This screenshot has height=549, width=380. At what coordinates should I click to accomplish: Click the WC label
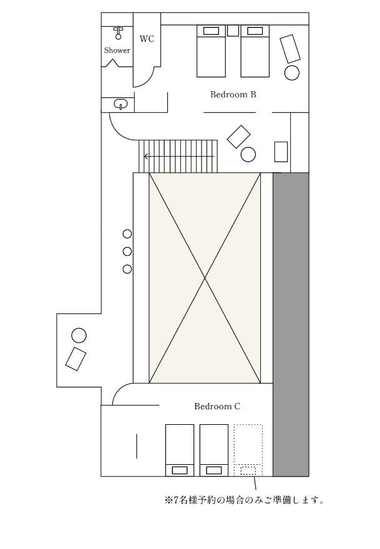pyautogui.click(x=147, y=39)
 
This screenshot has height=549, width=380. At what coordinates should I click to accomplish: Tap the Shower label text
pyautogui.click(x=117, y=51)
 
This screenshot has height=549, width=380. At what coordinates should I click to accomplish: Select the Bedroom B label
pyautogui.click(x=233, y=95)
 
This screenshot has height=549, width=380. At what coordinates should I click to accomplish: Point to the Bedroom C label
pyautogui.click(x=217, y=406)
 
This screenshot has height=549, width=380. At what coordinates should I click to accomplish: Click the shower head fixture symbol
pyautogui.click(x=119, y=32)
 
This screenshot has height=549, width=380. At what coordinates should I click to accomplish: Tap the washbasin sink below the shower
pyautogui.click(x=121, y=104)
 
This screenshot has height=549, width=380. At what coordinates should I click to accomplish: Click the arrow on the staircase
pyautogui.click(x=179, y=156)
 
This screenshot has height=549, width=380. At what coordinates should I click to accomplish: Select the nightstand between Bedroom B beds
pyautogui.click(x=233, y=31)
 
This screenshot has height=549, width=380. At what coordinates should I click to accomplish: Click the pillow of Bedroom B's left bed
pyautogui.click(x=211, y=31)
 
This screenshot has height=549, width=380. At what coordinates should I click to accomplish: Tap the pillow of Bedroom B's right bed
pyautogui.click(x=255, y=31)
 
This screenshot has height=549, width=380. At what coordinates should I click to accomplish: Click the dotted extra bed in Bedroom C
pyautogui.click(x=248, y=450)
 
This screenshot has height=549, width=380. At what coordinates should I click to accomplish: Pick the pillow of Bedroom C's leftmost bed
pyautogui.click(x=180, y=470)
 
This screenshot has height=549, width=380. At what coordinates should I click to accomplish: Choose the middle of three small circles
pyautogui.click(x=127, y=251)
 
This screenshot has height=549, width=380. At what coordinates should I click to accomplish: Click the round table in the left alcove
pyautogui.click(x=79, y=336)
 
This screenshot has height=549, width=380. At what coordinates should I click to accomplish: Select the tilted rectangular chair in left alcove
pyautogui.click(x=76, y=359)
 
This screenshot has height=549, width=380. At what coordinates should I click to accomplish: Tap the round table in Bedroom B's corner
pyautogui.click(x=292, y=73)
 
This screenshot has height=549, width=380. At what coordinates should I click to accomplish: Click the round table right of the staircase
pyautogui.click(x=248, y=155)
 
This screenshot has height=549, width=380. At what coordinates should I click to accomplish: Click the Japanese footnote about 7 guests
pyautogui.click(x=244, y=500)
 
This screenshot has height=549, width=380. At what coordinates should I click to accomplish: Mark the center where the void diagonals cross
pyautogui.click(x=205, y=278)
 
